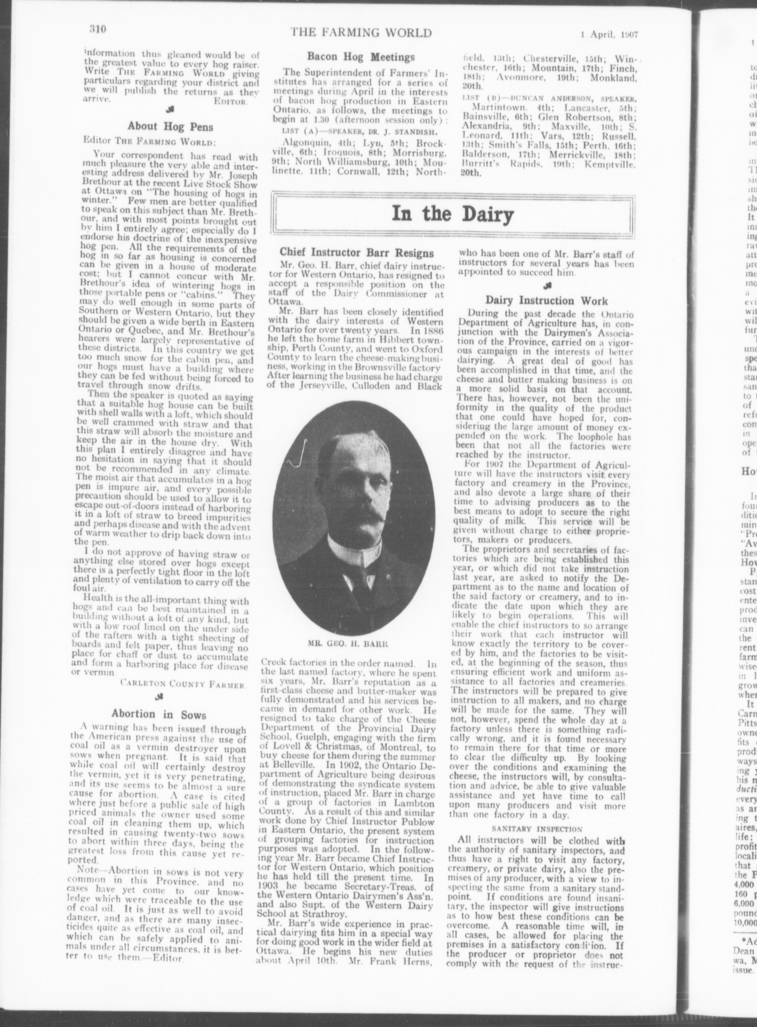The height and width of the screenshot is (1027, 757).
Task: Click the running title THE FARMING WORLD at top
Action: pyautogui.click(x=361, y=33)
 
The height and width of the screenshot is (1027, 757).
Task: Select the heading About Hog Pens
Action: pyautogui.click(x=170, y=126)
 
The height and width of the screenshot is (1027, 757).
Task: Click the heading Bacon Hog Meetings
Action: pyautogui.click(x=360, y=57)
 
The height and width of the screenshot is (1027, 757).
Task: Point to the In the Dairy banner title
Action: pyautogui.click(x=452, y=214)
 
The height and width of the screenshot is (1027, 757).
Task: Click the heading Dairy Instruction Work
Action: pyautogui.click(x=546, y=300)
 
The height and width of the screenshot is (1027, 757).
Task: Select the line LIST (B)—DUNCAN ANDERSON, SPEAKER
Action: pyautogui.click(x=549, y=98)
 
